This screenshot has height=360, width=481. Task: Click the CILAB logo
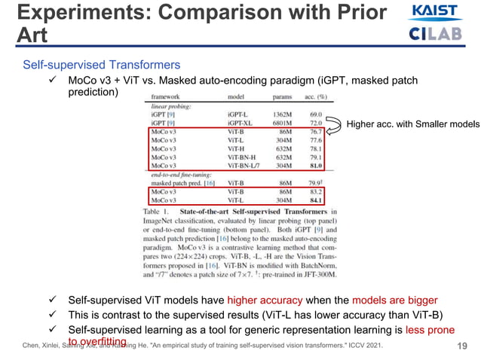[x=436, y=34]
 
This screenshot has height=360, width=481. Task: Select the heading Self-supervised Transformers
[x=101, y=65]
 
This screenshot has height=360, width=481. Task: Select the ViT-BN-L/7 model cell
[x=242, y=166]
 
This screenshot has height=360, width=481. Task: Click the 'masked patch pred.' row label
[x=179, y=183]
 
